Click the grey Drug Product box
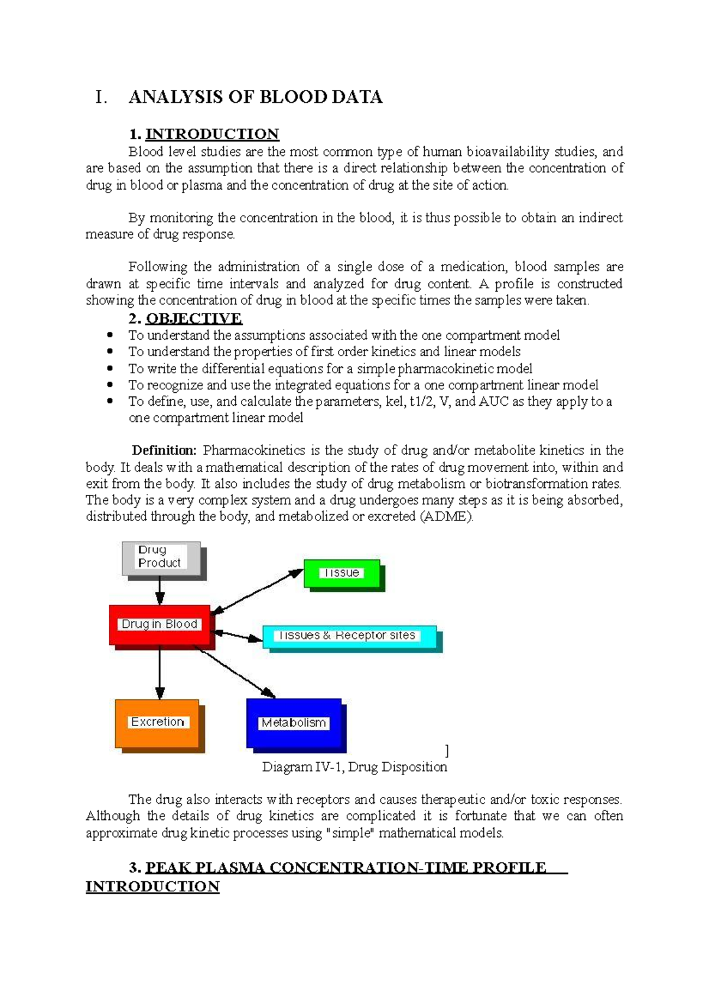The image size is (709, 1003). pyautogui.click(x=161, y=558)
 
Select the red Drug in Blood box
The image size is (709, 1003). pyautogui.click(x=160, y=625)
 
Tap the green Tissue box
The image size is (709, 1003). pyautogui.click(x=342, y=574)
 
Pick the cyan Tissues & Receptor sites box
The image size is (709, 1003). pyautogui.click(x=349, y=636)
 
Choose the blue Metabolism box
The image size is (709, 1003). pyautogui.click(x=294, y=724)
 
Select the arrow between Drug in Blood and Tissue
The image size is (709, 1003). pyautogui.click(x=257, y=591)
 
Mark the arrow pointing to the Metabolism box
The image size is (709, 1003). pyautogui.click(x=236, y=673)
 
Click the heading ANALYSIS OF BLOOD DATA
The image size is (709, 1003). pyautogui.click(x=255, y=97)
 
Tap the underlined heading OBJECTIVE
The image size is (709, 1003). pyautogui.click(x=194, y=319)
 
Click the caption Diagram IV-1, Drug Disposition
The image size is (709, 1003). pyautogui.click(x=354, y=767)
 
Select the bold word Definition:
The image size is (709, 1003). pyautogui.click(x=164, y=451)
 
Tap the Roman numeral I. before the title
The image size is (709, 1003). pyautogui.click(x=101, y=97)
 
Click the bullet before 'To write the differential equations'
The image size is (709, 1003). pyautogui.click(x=110, y=368)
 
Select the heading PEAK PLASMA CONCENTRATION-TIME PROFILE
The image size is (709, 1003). pyautogui.click(x=346, y=868)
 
